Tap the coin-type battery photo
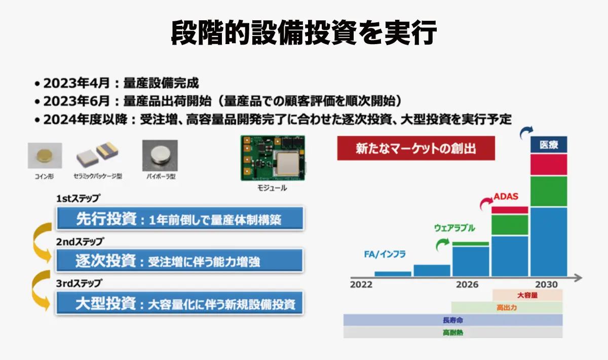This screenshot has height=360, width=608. [45, 156]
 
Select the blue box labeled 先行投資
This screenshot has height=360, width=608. [179, 219]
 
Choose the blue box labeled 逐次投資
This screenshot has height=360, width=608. [179, 261]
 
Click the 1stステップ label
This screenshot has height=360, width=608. [78, 198]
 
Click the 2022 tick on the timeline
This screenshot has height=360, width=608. [361, 284]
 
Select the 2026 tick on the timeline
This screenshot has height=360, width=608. [467, 284]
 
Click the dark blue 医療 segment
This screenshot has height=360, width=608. [549, 145]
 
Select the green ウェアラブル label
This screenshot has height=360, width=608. [454, 228]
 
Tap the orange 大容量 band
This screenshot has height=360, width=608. [527, 295]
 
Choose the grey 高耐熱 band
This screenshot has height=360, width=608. [452, 333]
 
